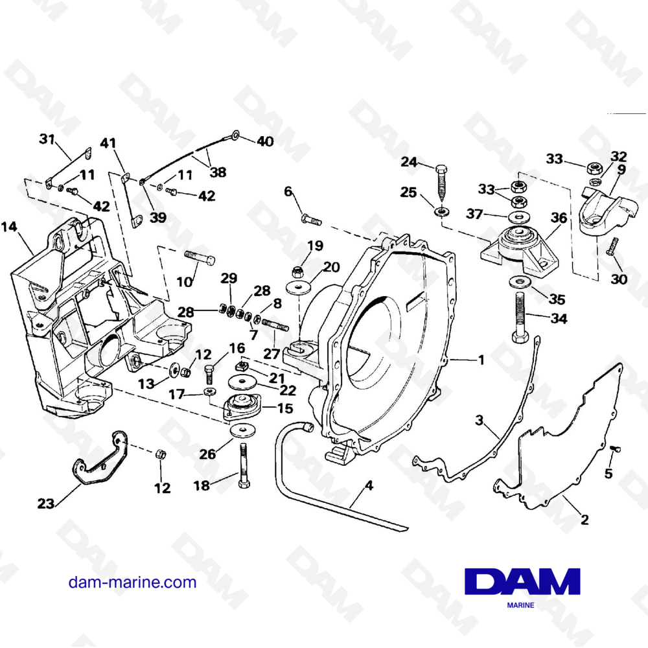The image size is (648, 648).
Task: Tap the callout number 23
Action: (x=45, y=502)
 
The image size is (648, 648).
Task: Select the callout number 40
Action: (x=265, y=141)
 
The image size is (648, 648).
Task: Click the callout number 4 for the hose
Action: (x=369, y=484)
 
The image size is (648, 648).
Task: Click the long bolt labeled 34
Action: (x=520, y=318)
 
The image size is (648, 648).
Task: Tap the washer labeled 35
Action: (x=518, y=281)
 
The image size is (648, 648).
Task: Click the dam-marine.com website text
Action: (x=132, y=582)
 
